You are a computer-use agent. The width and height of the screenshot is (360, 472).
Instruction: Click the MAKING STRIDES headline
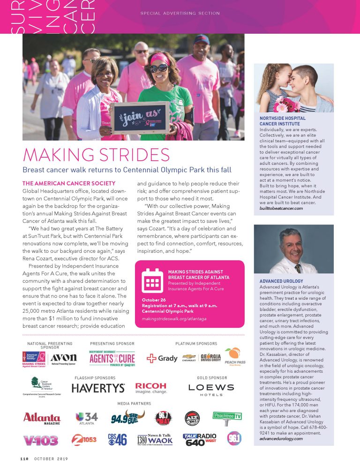coord(96,155)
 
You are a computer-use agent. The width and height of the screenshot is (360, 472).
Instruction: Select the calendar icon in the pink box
coord(151,280)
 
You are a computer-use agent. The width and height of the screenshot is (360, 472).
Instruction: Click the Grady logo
coord(162,358)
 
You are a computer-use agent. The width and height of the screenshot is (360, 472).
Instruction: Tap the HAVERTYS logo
coord(98,388)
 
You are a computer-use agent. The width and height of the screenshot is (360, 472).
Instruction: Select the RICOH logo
coord(151,388)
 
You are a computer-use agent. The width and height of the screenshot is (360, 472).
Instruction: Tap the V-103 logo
coord(41,440)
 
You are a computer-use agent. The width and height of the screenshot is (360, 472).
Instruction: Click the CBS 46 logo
coord(117,440)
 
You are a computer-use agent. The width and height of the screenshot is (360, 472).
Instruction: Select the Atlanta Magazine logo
coord(42,418)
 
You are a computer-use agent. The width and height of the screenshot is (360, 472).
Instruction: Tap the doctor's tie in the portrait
coord(297,268)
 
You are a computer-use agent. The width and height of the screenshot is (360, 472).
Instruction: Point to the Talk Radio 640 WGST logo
coord(200,440)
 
